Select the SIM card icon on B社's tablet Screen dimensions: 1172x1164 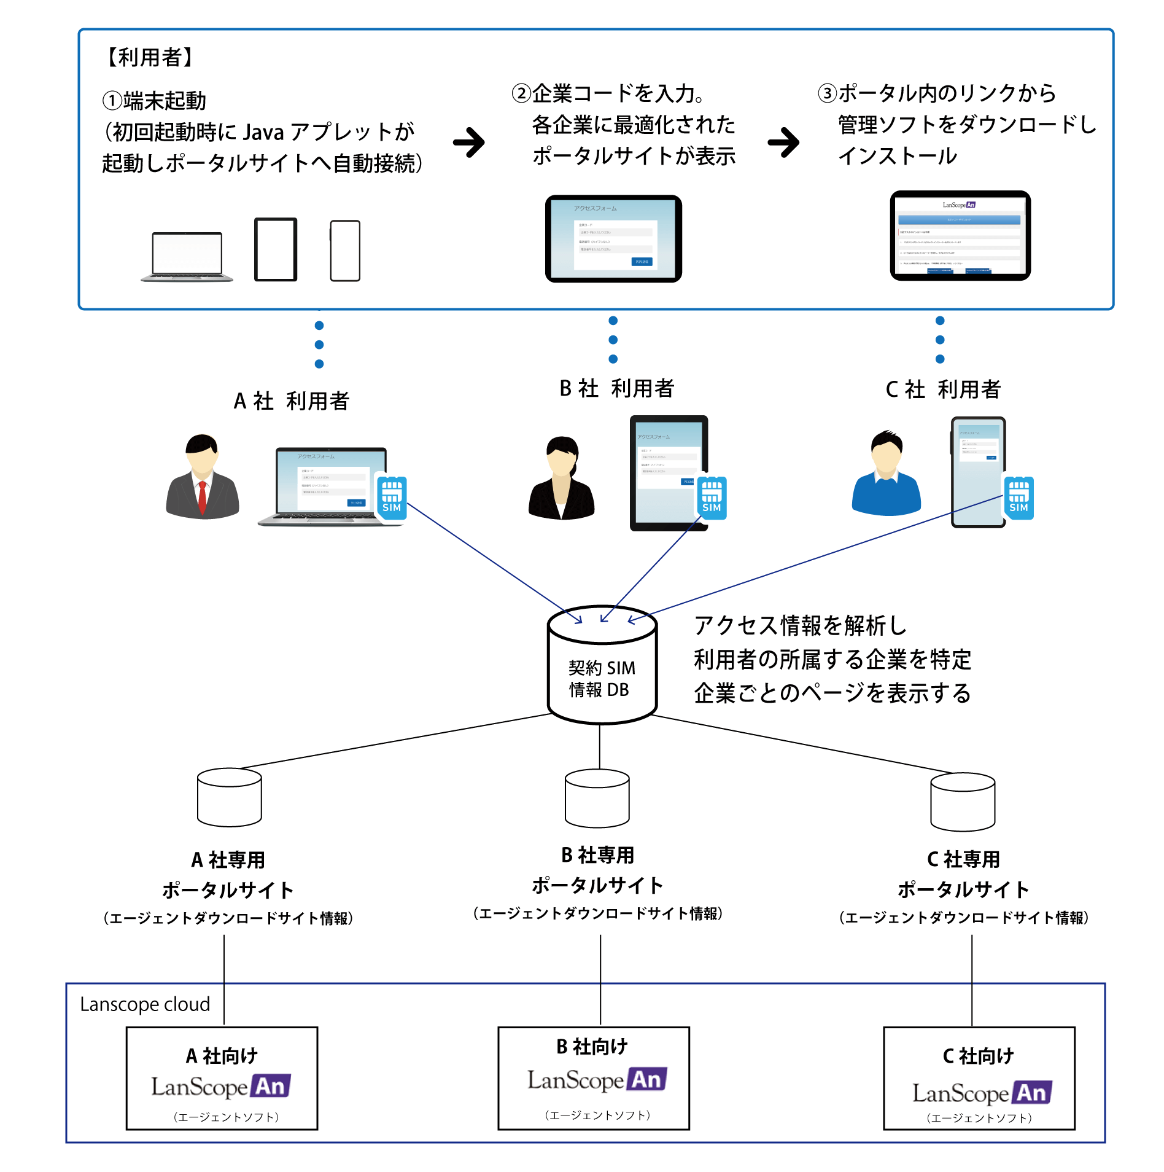click(x=712, y=498)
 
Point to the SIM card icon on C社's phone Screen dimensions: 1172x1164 click(x=1019, y=498)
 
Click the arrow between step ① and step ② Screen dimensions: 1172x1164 click(x=470, y=143)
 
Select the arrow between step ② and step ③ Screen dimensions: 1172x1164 click(x=784, y=143)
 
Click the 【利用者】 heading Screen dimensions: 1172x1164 click(x=150, y=57)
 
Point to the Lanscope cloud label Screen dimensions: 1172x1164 click(x=145, y=1004)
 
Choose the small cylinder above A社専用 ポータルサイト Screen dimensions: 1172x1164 click(x=230, y=797)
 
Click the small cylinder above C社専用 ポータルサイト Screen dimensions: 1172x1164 click(x=963, y=801)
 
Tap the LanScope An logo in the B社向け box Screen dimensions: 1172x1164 click(x=597, y=1079)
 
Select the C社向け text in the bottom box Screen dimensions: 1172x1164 click(x=978, y=1056)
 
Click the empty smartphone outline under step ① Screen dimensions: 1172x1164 click(x=345, y=251)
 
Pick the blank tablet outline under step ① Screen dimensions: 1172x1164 click(x=276, y=249)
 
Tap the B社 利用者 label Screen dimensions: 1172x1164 click(x=616, y=388)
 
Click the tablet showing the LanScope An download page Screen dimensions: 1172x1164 click(x=960, y=236)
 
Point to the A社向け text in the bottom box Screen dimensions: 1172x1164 click(x=222, y=1056)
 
